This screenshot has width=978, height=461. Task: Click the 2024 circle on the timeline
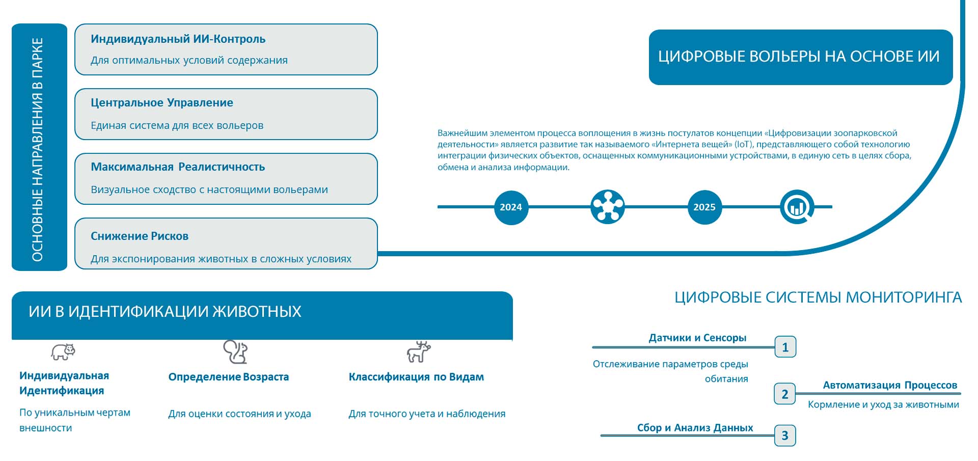tap(511, 207)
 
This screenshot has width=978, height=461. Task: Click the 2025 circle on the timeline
tap(704, 207)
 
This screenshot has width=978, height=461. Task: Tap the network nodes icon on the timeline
tap(608, 207)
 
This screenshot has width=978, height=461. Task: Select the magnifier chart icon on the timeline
tap(797, 207)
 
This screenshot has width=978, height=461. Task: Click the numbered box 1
tap(785, 347)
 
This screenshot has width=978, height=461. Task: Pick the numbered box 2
tap(784, 394)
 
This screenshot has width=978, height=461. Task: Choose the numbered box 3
tap(784, 436)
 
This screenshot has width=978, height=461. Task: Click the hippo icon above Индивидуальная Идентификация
tap(63, 351)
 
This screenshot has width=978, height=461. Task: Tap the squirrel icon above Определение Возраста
tap(235, 351)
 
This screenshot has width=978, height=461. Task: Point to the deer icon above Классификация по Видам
tap(419, 351)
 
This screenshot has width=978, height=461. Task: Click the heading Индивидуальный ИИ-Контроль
tap(178, 39)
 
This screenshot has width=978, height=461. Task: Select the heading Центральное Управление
tap(162, 103)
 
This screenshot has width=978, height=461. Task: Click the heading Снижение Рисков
tap(140, 236)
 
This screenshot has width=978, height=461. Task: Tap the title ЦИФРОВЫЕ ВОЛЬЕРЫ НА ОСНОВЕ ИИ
tap(799, 56)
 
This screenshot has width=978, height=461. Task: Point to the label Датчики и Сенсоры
tap(697, 338)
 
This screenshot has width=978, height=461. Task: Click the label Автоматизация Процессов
tap(890, 385)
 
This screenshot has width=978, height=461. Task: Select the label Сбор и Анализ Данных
tap(695, 428)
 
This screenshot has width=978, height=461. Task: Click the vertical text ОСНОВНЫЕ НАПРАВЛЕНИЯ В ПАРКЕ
tap(38, 149)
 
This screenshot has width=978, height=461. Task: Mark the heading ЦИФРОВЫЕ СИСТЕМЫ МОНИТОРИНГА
tap(818, 297)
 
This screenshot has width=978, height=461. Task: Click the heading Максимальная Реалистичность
tap(178, 167)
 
